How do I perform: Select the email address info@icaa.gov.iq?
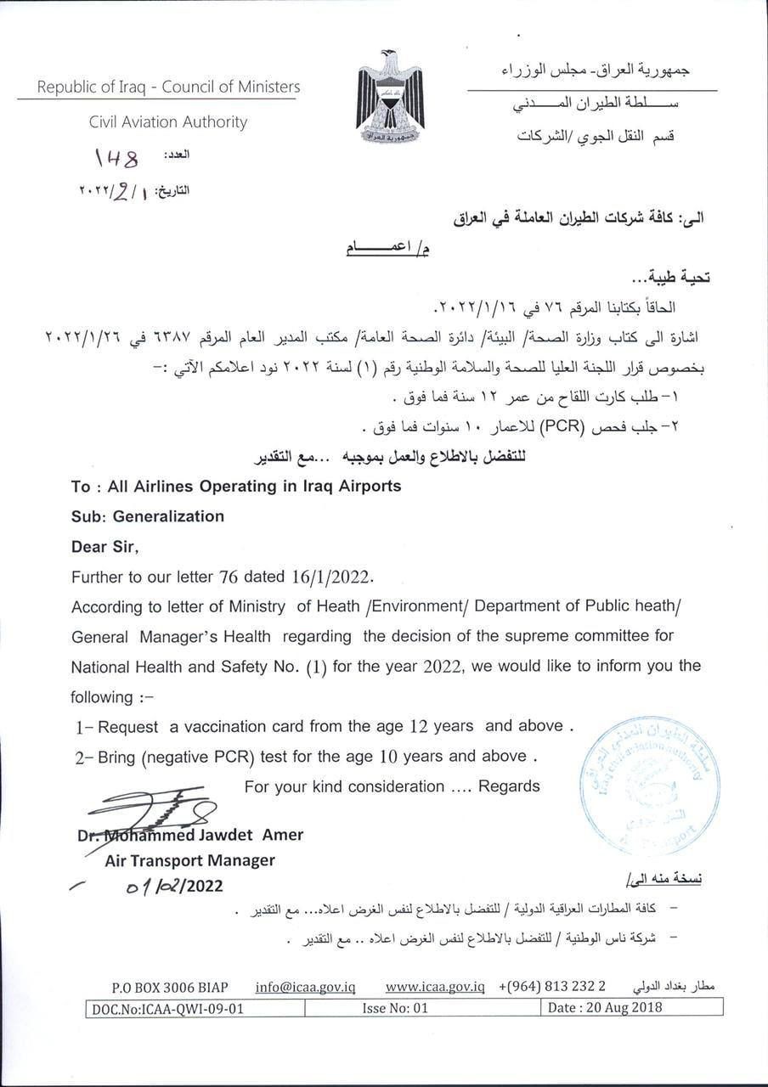click(305, 988)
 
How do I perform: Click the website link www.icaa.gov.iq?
click(434, 988)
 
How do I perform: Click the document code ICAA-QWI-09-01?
click(167, 1008)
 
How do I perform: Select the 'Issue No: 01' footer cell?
click(395, 1008)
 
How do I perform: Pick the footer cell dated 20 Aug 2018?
click(605, 1008)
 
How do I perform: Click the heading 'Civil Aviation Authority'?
click(168, 121)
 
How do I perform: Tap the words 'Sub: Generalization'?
click(148, 515)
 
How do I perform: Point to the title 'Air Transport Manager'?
click(189, 860)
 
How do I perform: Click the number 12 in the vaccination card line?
click(417, 726)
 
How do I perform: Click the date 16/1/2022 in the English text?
click(330, 577)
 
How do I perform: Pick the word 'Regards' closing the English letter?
click(509, 786)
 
